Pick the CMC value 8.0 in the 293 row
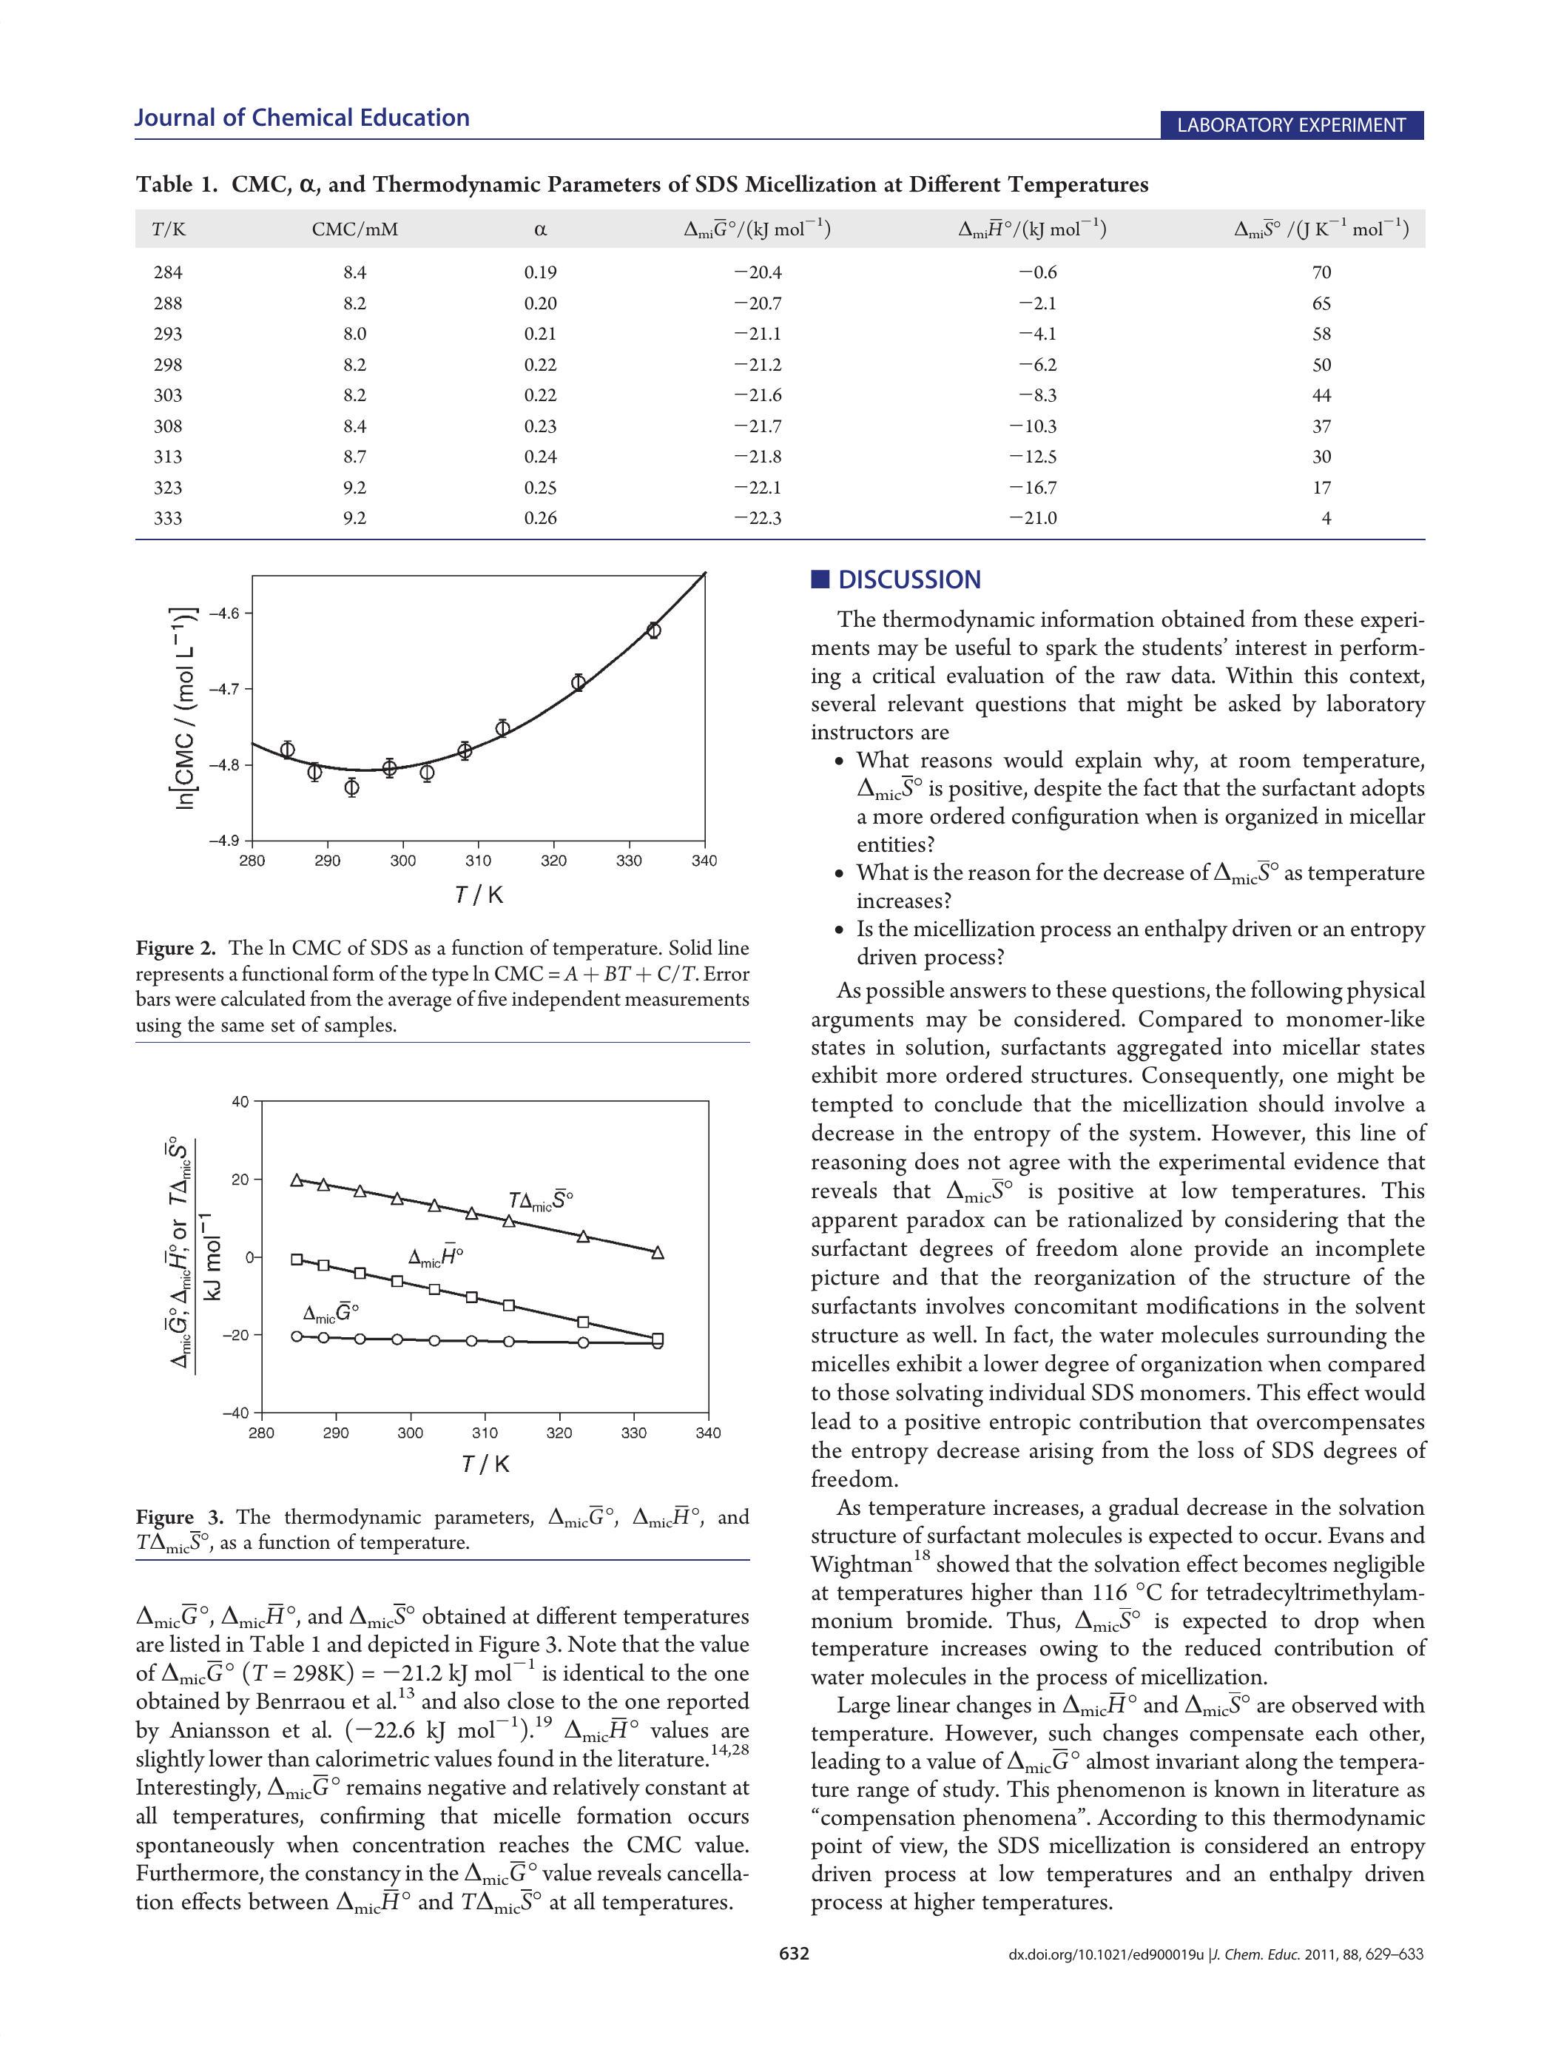click(354, 334)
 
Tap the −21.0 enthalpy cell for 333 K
click(1033, 518)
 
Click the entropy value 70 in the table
click(1321, 272)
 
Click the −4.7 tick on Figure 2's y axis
click(224, 690)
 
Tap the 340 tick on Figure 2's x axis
click(704, 861)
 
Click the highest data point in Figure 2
click(654, 630)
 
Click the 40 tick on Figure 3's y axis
click(240, 1103)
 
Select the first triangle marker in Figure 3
click(297, 1180)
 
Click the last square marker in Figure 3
click(658, 1339)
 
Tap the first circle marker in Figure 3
click(297, 1336)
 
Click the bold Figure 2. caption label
click(176, 948)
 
